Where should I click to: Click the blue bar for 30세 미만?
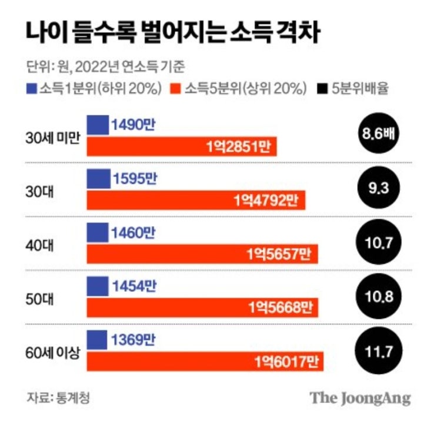[x=98, y=124]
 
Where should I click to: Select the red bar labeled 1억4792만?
[x=196, y=200]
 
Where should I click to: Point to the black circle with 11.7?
[x=378, y=353]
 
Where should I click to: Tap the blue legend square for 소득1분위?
[x=32, y=89]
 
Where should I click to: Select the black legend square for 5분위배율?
[x=322, y=89]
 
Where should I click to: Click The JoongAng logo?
[x=360, y=397]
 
